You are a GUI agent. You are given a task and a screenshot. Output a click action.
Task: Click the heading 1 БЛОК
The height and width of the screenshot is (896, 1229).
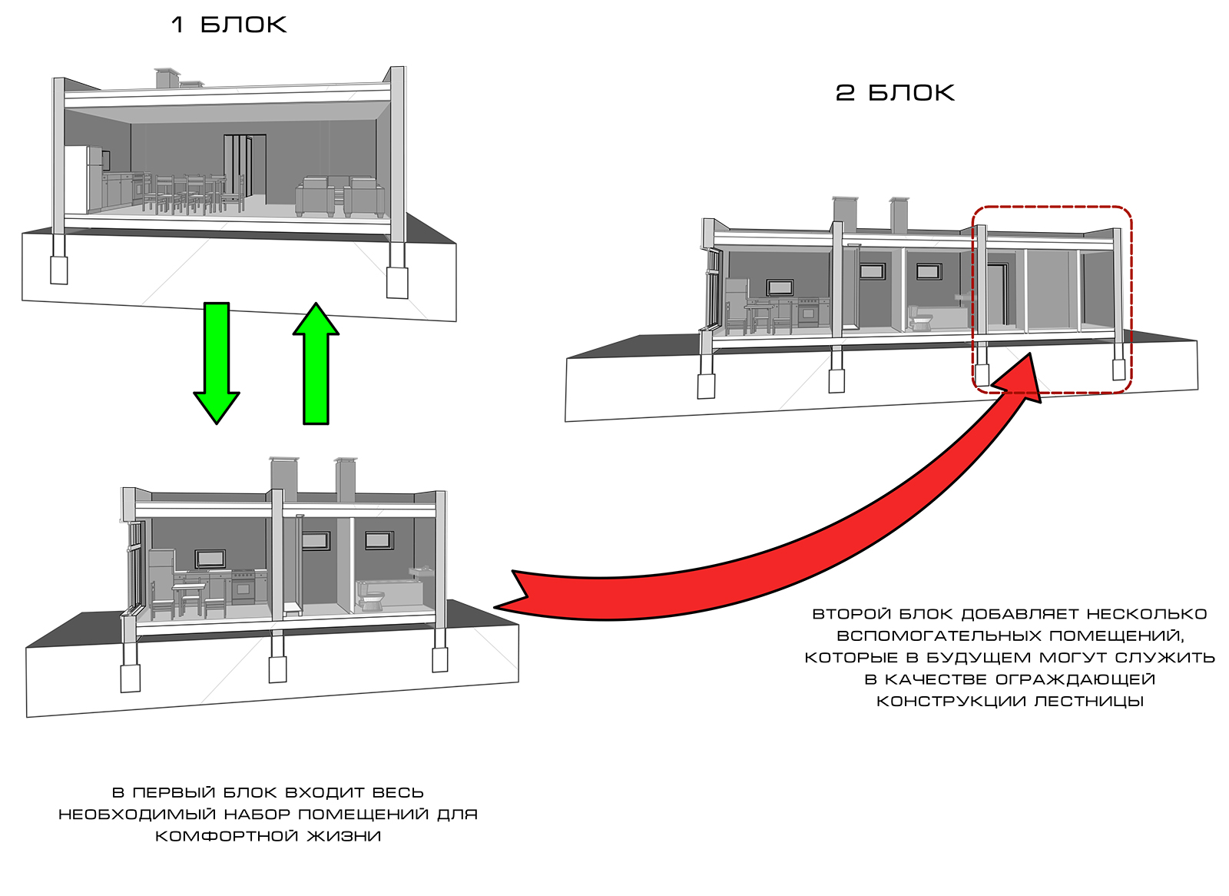pyautogui.click(x=228, y=25)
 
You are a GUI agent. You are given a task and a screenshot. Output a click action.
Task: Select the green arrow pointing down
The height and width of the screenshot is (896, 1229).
pyautogui.click(x=217, y=361)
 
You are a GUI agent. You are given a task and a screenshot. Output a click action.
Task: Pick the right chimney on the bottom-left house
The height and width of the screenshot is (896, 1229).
pyautogui.click(x=345, y=480)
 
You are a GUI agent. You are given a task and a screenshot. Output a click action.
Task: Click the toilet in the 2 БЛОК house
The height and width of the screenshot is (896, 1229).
pyautogui.click(x=917, y=317)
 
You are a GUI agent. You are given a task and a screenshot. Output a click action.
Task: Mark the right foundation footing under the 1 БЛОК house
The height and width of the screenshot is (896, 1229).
pyautogui.click(x=397, y=281)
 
